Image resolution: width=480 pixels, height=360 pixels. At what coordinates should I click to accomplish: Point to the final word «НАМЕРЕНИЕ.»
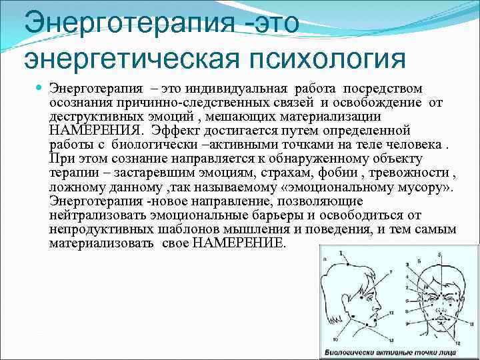click(x=239, y=243)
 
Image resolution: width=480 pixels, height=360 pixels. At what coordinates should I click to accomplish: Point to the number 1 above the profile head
click(x=342, y=254)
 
